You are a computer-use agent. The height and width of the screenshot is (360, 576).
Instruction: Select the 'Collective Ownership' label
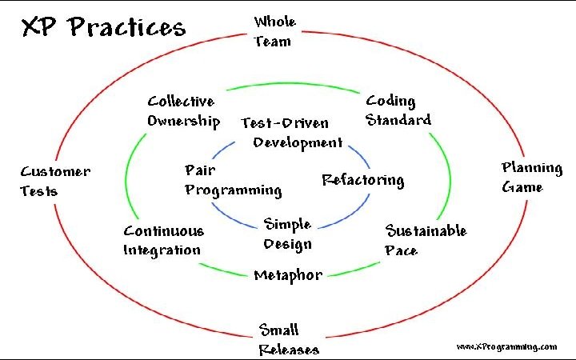click(183, 111)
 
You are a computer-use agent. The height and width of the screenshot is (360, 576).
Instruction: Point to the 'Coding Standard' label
click(398, 110)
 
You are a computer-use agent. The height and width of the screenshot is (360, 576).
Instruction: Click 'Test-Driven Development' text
click(292, 133)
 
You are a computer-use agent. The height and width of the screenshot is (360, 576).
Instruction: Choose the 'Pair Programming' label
click(232, 180)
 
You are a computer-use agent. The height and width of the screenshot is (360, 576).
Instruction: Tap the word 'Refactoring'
click(362, 179)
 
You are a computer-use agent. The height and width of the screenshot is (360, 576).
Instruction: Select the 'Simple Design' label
click(287, 234)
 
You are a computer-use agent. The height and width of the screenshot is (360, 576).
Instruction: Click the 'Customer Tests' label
click(54, 181)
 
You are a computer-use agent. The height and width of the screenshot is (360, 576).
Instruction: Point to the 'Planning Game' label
click(531, 177)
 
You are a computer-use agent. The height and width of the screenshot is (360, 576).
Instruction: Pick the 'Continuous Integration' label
click(163, 240)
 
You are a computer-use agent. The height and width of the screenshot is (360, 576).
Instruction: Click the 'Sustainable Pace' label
click(425, 240)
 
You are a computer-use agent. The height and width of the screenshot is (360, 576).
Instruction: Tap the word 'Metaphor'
click(288, 275)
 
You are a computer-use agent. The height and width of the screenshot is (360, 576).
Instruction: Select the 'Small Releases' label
click(288, 339)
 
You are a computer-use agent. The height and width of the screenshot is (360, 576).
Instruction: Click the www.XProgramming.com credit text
click(506, 346)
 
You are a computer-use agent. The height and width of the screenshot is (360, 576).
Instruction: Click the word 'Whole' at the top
click(274, 22)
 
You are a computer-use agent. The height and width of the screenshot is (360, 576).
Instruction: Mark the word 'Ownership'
click(183, 122)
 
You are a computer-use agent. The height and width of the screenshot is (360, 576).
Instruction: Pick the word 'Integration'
click(162, 250)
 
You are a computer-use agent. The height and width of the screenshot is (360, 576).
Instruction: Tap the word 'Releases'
click(289, 349)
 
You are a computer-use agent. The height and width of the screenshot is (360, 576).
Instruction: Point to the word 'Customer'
click(55, 171)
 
